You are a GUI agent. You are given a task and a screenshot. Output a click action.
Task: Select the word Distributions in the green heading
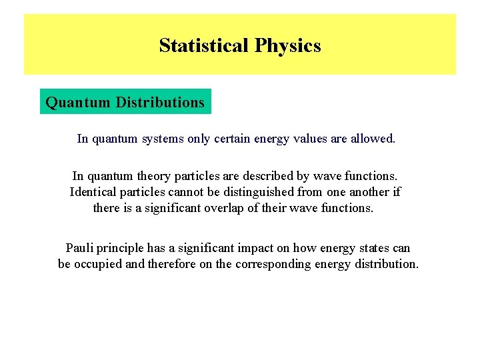[160, 102]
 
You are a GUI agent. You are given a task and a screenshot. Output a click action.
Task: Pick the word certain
[231, 139]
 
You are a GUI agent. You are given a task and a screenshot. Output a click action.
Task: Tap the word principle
[124, 248]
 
